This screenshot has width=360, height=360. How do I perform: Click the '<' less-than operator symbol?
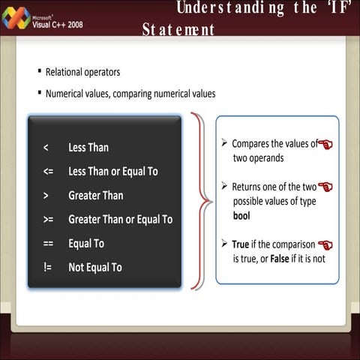tap(46, 148)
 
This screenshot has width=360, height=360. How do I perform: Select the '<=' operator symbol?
tap(48, 172)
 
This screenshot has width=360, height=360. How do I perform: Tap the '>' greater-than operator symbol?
tap(46, 196)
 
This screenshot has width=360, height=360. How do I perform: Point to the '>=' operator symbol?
tap(48, 220)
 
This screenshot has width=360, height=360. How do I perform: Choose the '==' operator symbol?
tap(48, 244)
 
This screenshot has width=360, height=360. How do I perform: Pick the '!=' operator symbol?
tap(47, 268)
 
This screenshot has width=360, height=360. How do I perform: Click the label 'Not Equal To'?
tap(95, 268)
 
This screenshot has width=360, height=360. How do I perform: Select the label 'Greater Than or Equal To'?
tap(120, 220)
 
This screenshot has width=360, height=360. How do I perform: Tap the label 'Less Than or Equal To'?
tap(113, 172)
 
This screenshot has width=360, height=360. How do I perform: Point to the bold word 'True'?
tap(241, 244)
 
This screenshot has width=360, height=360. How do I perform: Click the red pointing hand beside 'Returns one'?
tap(325, 187)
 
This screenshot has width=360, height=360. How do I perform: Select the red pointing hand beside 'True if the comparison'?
tap(325, 244)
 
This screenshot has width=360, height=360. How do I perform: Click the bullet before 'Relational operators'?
tap(39, 72)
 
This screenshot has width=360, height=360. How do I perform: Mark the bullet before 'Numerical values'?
tap(39, 94)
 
